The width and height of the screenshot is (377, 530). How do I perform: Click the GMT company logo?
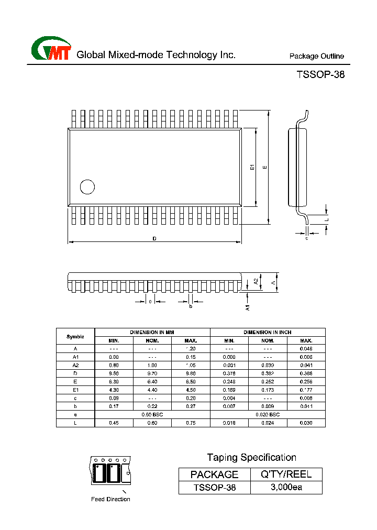[x=51, y=50]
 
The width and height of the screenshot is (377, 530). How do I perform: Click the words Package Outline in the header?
[x=316, y=57]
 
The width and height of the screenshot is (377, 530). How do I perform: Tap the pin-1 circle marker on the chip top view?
[x=87, y=187]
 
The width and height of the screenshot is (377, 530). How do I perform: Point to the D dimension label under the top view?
[x=154, y=239]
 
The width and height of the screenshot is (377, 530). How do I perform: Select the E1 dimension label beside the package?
[x=252, y=167]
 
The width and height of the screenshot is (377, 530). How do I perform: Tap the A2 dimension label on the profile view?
[x=256, y=281]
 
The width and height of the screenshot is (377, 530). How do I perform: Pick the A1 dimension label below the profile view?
[x=248, y=308]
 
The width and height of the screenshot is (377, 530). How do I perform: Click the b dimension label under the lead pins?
[x=191, y=306]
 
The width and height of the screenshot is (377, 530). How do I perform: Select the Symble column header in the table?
[x=75, y=336]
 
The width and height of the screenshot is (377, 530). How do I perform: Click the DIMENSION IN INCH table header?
[x=268, y=332]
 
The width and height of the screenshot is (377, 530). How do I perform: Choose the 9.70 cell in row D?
[x=152, y=373]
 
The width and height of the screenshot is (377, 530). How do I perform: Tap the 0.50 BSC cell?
[x=152, y=414]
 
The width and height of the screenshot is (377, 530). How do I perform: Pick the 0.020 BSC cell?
[x=268, y=414]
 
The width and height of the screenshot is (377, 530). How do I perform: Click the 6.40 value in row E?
[x=152, y=382]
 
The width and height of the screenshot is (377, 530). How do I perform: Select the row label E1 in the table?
[x=75, y=390]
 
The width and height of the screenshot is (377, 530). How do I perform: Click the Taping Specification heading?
[x=251, y=457]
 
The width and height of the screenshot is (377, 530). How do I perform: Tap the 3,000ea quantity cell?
[x=286, y=488]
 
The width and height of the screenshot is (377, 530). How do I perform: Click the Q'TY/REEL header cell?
[x=286, y=474]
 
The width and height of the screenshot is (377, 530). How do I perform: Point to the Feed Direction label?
[x=110, y=499]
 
